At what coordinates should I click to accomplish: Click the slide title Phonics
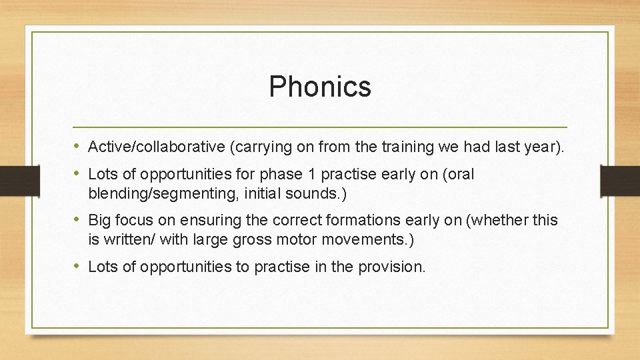[x=320, y=87]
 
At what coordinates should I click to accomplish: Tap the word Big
[x=101, y=221]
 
